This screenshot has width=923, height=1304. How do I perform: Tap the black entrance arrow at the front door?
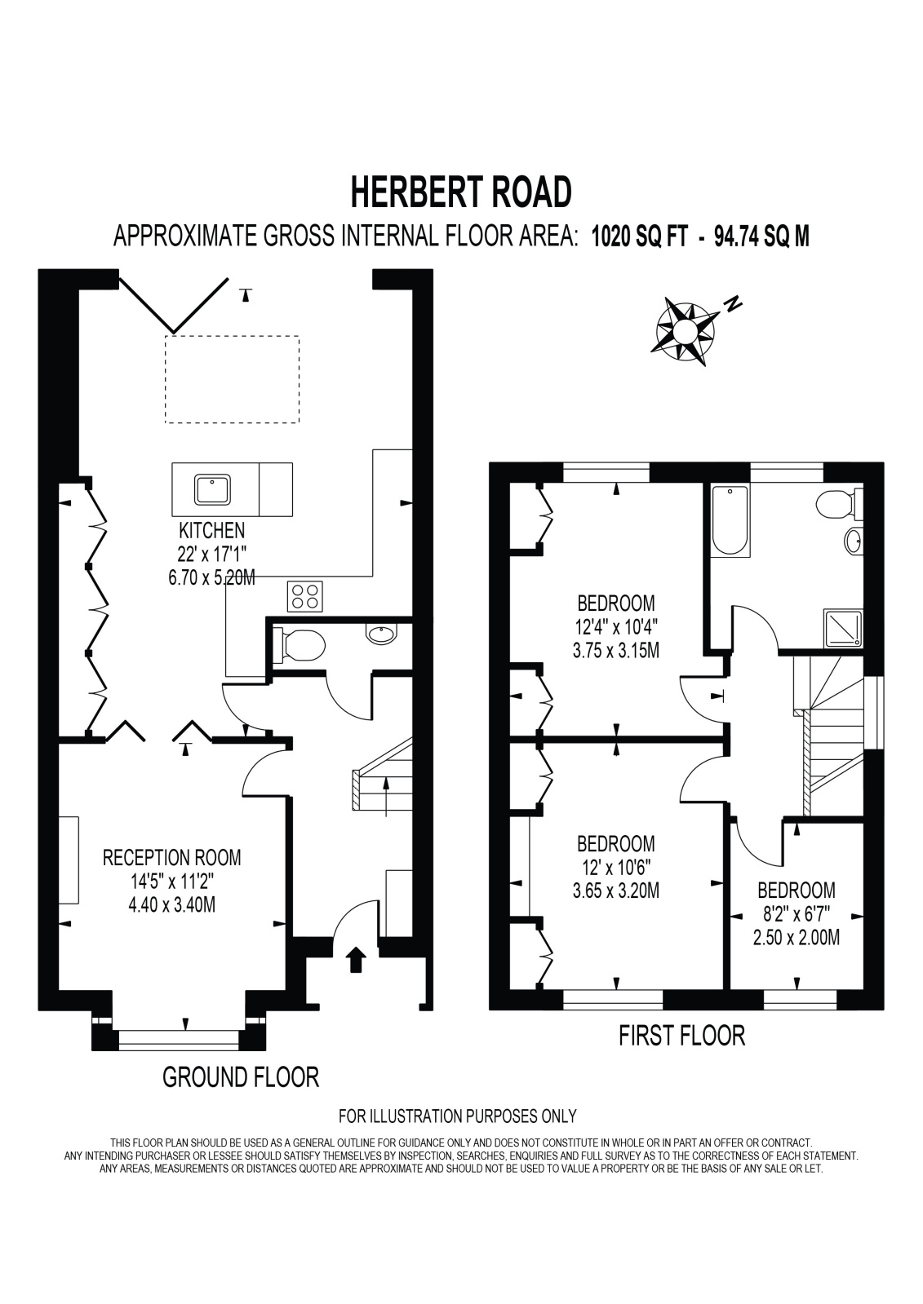click(x=357, y=960)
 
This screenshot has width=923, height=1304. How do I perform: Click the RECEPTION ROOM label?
click(x=171, y=857)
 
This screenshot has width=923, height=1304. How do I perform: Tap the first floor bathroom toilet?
click(x=839, y=505)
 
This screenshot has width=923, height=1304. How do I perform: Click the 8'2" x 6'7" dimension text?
click(x=796, y=914)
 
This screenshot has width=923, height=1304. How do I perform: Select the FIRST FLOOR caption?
click(x=681, y=1036)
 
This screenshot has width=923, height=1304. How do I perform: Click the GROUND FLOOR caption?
click(x=241, y=1077)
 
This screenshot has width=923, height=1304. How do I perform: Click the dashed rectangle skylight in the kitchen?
click(x=232, y=379)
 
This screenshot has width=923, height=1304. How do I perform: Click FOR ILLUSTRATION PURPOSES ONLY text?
click(x=457, y=1116)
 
